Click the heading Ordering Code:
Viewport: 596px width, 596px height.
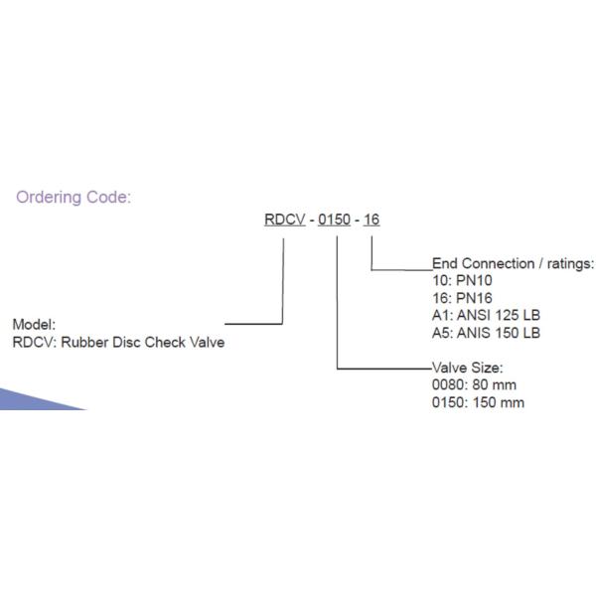pos(73,197)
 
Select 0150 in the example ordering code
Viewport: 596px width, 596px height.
pos(334,220)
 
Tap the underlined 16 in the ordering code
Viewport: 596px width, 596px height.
pos(372,220)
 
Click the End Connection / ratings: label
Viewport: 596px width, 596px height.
pos(513,264)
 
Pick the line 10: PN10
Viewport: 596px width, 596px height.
pos(463,281)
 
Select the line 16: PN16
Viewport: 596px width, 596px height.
pos(463,298)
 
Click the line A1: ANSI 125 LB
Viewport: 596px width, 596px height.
pos(486,316)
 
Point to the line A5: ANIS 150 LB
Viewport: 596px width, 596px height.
pos(486,333)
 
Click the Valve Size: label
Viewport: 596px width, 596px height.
pos(467,368)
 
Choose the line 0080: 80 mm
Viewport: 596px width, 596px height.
pos(474,384)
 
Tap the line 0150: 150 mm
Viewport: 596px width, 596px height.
pos(478,402)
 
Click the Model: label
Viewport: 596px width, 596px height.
pos(34,325)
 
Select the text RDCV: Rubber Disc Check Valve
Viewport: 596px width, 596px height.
pos(118,343)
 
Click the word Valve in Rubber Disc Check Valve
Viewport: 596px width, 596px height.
pos(207,343)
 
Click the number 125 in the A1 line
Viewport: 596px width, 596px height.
pos(506,316)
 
